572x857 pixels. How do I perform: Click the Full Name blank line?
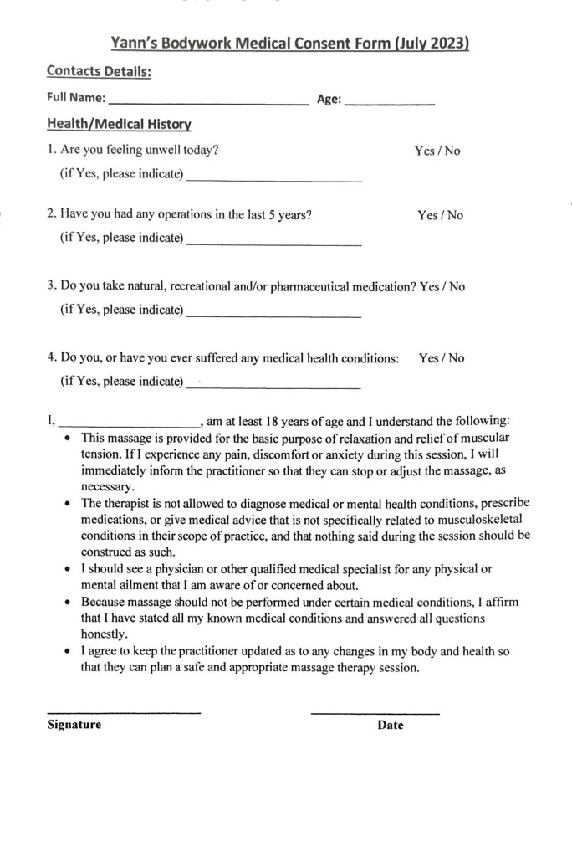208,102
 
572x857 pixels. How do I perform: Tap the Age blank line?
389,102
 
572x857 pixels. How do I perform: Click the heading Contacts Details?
99,72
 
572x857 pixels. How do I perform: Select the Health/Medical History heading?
119,125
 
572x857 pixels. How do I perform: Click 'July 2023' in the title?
430,44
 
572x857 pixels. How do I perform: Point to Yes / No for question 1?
437,151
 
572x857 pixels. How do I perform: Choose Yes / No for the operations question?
440,215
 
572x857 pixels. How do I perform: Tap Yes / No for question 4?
442,358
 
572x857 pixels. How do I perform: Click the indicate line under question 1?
274,180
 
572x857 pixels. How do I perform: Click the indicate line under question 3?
274,316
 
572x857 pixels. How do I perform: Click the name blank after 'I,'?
128,425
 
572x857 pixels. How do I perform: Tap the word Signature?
74,725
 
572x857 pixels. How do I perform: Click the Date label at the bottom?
390,726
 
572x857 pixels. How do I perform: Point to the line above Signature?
124,712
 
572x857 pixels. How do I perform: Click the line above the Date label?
375,713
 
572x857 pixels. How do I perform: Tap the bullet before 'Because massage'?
69,603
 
